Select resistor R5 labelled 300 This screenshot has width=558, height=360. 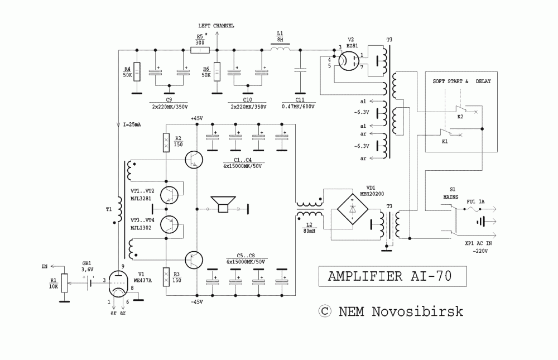200,50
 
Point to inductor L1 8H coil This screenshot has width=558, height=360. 280,50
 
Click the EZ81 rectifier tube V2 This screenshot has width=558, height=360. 350,61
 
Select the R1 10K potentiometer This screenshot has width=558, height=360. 64,282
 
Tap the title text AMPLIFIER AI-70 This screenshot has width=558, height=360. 389,276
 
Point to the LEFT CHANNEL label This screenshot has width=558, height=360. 217,26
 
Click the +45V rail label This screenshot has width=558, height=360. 197,118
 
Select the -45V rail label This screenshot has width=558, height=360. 197,301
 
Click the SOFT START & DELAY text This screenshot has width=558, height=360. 462,81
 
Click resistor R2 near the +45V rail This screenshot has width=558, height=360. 166,143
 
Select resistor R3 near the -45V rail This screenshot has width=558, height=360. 166,277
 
